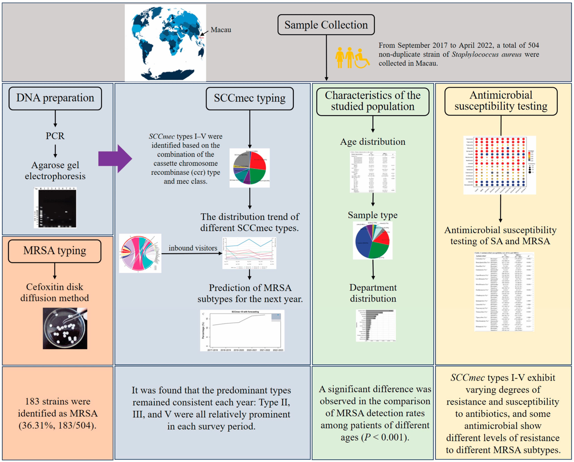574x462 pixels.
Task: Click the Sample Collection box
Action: pos(326,25)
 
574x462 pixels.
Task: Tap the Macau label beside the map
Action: pos(221,30)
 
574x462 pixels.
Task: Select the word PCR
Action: pos(55,136)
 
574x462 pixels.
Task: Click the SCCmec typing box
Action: pos(249,98)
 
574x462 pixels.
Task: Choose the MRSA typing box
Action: pos(55,251)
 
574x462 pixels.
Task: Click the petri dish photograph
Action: pos(65,328)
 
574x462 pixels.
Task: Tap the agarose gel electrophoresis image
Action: pos(55,208)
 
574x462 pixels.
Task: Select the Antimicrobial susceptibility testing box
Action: pos(501,101)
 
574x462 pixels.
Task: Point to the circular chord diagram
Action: pos(140,253)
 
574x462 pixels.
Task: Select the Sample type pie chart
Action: pos(373,240)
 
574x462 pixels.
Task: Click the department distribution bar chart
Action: pos(376,325)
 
